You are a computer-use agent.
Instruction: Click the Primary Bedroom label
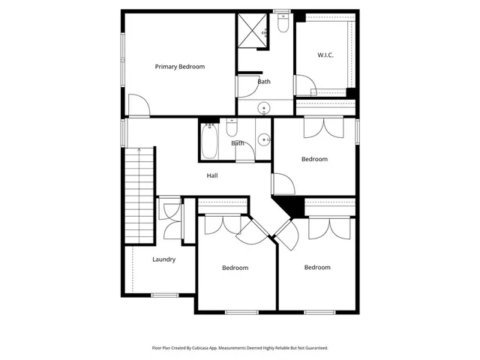coord(179,67)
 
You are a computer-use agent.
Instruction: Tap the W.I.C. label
coord(325,55)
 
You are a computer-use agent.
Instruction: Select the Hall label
coord(212,175)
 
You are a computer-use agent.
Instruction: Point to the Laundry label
coord(163,259)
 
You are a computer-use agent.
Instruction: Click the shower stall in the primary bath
coord(253,31)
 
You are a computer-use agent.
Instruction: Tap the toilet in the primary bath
coord(282,25)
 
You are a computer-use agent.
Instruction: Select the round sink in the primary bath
coord(265,109)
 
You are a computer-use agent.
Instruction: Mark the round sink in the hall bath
coord(262,139)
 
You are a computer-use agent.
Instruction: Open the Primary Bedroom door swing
coord(139,106)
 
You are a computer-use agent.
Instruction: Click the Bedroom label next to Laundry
coord(235,268)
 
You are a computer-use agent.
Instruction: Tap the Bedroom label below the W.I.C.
coord(314,159)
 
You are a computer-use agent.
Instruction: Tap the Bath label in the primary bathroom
coord(264,82)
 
